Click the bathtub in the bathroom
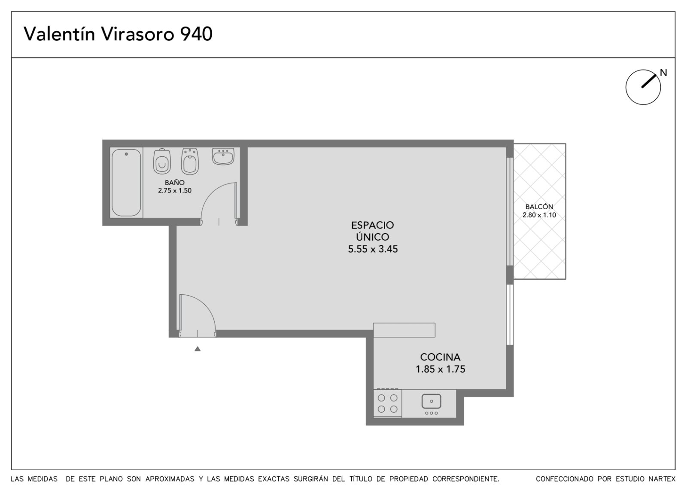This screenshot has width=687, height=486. click(x=126, y=183)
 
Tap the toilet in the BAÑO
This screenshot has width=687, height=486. click(x=162, y=162)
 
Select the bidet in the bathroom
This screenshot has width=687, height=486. click(x=190, y=162)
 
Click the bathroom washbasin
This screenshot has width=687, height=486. click(x=223, y=156)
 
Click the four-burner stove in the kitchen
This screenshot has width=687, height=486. click(x=387, y=403)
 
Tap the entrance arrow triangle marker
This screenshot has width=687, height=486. click(x=198, y=349)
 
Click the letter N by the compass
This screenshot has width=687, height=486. click(x=663, y=73)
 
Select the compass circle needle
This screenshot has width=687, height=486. click(x=649, y=81)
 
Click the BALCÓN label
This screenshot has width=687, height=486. click(x=539, y=207)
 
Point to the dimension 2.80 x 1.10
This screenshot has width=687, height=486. click(x=539, y=215)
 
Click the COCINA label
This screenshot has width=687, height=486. click(x=440, y=357)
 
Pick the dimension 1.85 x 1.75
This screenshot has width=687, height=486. click(x=440, y=369)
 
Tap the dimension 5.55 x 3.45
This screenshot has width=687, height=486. click(x=373, y=249)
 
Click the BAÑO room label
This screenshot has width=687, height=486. click(x=174, y=183)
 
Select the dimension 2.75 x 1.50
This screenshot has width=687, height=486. click(x=174, y=190)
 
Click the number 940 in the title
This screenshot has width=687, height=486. click(x=196, y=34)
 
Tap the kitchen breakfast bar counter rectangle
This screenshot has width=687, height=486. click(x=404, y=330)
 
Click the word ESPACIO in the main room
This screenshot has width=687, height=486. click(x=372, y=225)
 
